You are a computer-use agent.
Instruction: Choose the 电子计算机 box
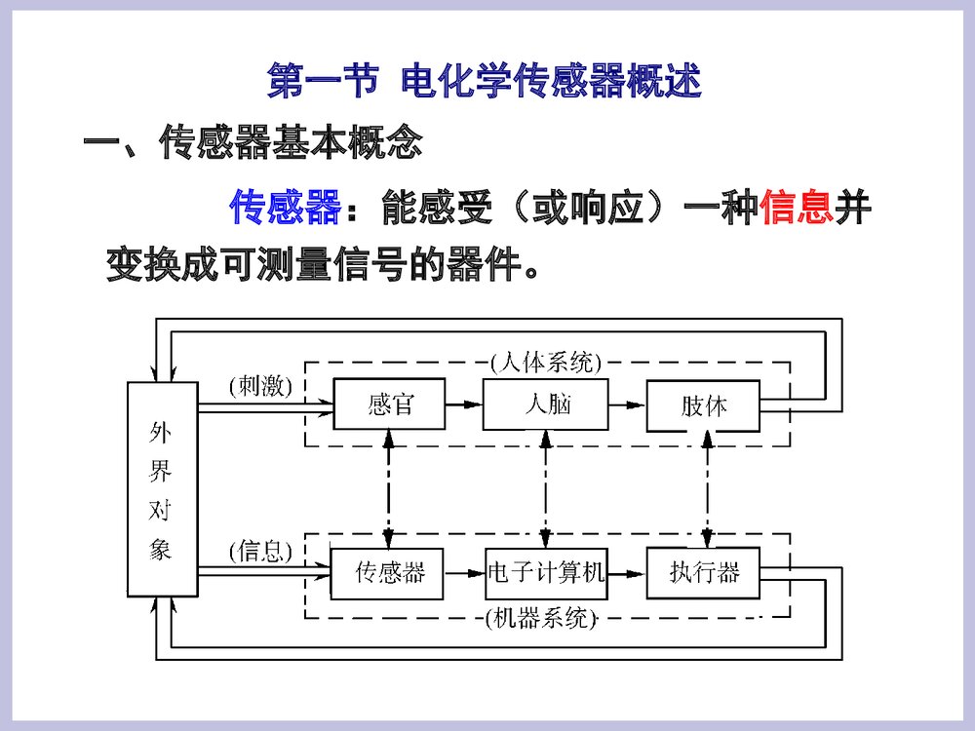(546, 572)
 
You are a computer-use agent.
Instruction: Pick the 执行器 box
(703, 572)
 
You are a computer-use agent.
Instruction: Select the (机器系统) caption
(540, 618)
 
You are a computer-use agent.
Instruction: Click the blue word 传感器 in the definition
(287, 208)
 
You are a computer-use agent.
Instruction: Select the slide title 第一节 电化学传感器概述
(485, 82)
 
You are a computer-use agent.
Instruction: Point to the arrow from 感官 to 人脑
(464, 404)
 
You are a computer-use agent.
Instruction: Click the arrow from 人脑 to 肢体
(628, 404)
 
